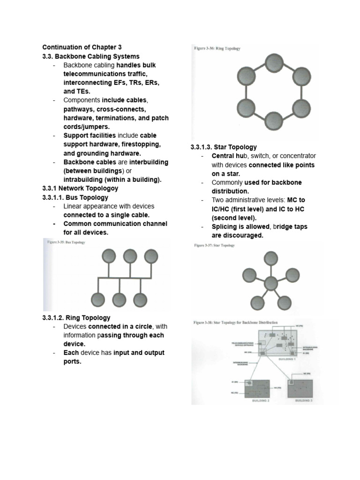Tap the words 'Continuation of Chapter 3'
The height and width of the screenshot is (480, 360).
coord(82,47)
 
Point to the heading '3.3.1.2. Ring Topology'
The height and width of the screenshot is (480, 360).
coord(76,317)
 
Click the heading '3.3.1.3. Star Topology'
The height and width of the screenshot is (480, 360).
coord(224,147)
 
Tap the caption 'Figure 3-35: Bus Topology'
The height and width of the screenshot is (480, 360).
coord(66,242)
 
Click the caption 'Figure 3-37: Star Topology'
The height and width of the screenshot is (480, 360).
coord(215,245)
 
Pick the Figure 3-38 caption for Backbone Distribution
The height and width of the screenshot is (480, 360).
coord(236,322)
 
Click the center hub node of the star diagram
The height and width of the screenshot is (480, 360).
coord(271,283)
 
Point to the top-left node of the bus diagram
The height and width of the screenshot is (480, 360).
coord(109,256)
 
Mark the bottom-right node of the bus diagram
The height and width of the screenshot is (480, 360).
coord(141,299)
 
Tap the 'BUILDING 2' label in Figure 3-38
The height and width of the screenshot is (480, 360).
coord(261,402)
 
